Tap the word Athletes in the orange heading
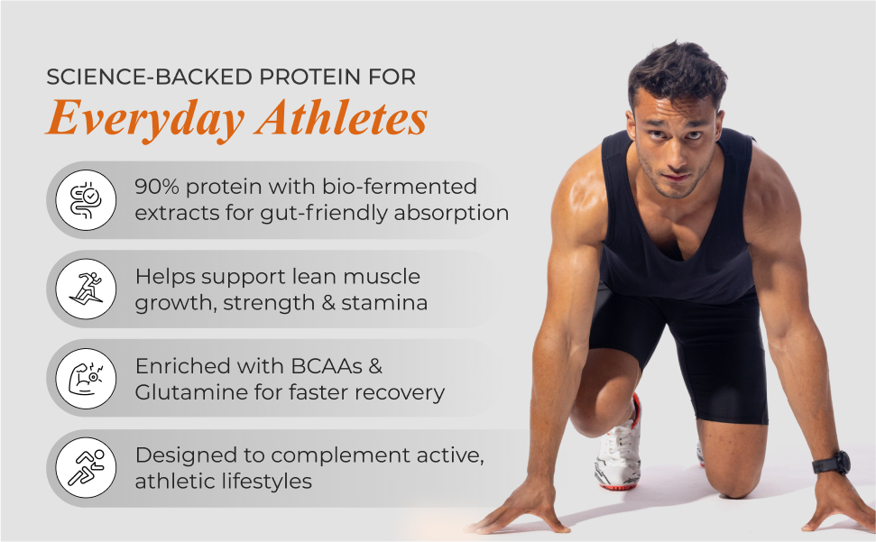[x=341, y=118]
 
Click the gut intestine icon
[x=86, y=200]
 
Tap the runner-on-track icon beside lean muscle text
[x=86, y=289]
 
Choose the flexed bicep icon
[x=86, y=379]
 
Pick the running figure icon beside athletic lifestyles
[x=86, y=468]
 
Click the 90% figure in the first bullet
[x=157, y=187]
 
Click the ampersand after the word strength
[x=328, y=302]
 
